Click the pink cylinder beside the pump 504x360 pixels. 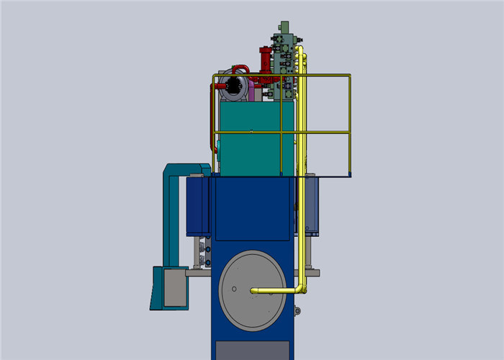point(252,89)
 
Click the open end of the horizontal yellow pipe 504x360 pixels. point(253,291)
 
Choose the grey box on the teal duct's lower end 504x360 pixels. point(175,286)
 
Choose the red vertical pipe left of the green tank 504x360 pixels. point(214,119)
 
